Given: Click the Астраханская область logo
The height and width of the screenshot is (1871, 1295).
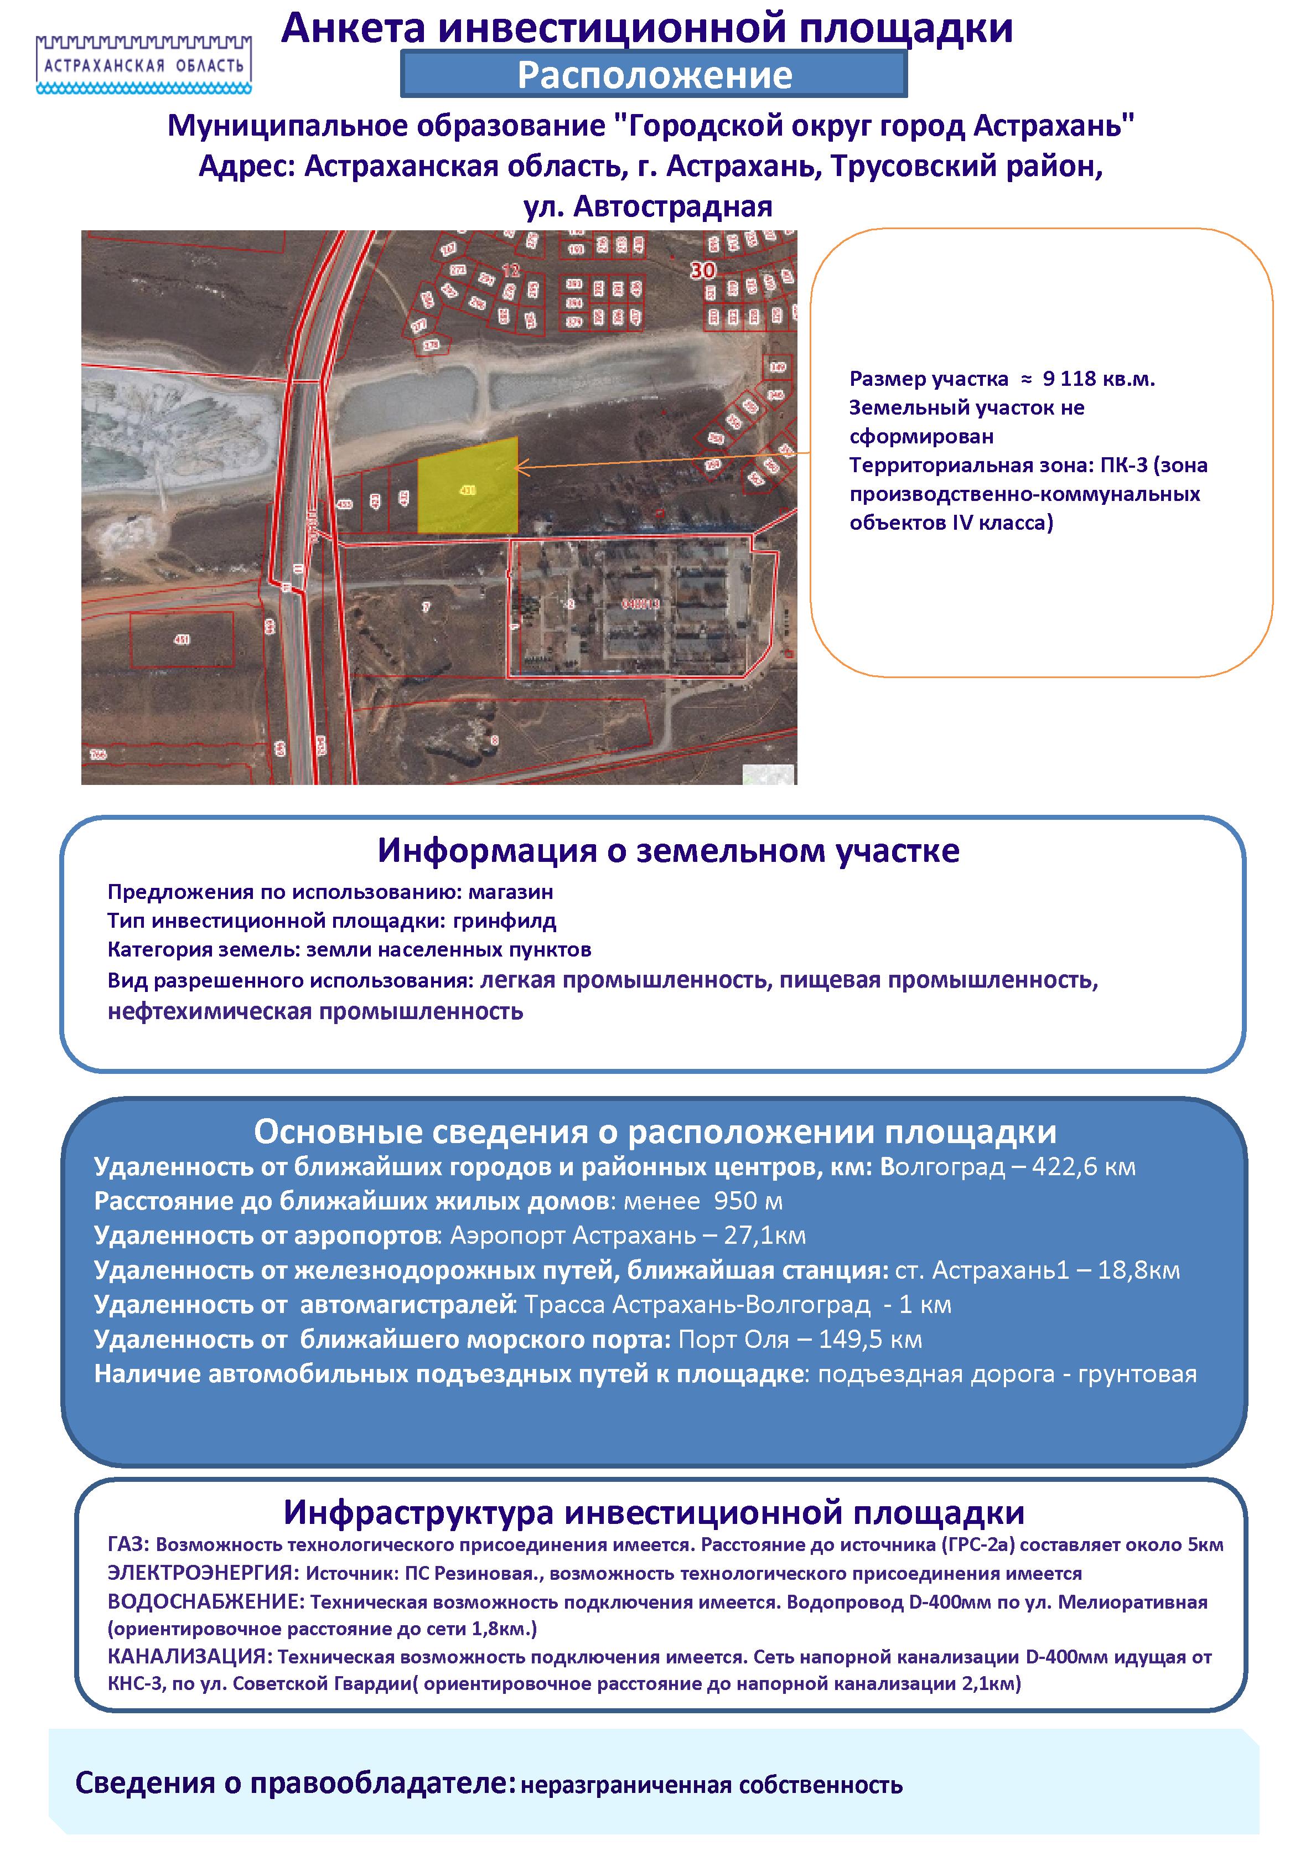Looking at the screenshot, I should [x=144, y=63].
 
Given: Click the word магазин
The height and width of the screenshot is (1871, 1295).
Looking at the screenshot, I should [x=511, y=892].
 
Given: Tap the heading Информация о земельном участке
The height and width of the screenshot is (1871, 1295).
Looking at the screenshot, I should [x=668, y=850].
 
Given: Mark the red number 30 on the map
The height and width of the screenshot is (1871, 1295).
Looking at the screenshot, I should [x=703, y=270].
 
